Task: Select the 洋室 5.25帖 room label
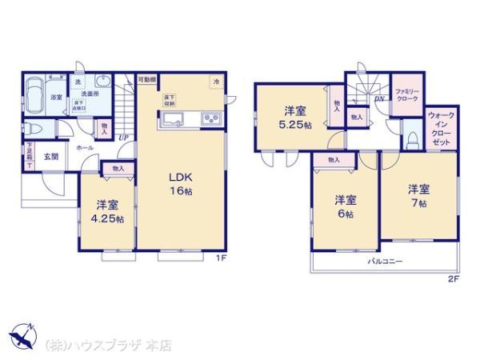[x=294, y=118]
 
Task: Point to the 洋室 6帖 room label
[x=345, y=206]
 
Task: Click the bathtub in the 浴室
[x=34, y=97]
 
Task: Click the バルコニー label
[x=385, y=262]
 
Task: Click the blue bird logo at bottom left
[x=23, y=334]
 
